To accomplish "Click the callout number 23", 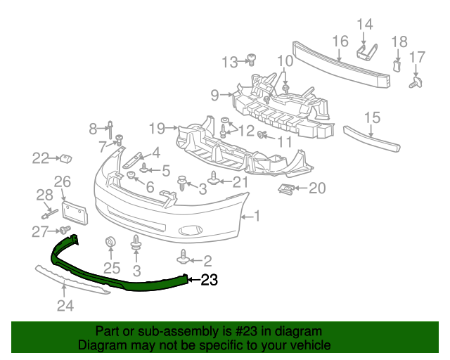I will (210, 281).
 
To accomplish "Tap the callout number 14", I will (364, 25).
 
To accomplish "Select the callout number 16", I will (340, 41).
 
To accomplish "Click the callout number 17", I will (418, 57).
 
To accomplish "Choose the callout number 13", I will (230, 63).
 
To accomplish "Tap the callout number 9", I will (214, 94).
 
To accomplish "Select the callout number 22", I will (41, 158).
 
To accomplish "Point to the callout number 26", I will (63, 183).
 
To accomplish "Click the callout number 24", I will (65, 305).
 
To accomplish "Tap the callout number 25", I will (112, 267).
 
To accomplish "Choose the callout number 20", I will (318, 188).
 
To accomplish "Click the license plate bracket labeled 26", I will (74, 210).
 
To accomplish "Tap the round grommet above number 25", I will (110, 243).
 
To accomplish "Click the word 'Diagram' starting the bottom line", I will (100, 345).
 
